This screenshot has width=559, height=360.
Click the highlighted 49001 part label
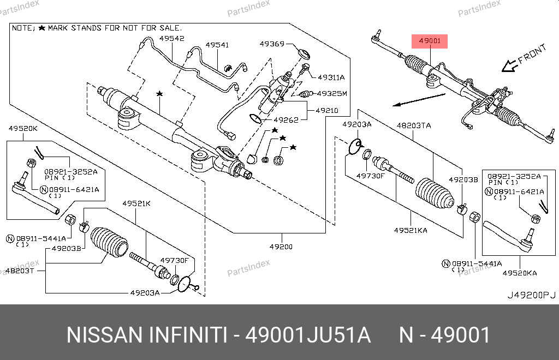coord(429,41)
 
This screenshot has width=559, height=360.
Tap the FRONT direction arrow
coord(509,65)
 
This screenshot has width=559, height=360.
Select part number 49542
coord(171,38)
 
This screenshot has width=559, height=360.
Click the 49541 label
coord(217,45)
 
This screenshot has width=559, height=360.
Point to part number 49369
coord(272,44)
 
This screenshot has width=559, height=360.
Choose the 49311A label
coord(331,77)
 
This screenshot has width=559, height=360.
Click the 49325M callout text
coord(332,93)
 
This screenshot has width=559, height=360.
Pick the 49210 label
coord(326,110)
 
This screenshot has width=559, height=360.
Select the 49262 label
coord(286,120)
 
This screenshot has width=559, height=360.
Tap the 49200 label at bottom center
coord(281,247)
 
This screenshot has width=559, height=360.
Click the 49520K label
coord(23,129)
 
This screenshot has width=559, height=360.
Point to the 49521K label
coord(136,203)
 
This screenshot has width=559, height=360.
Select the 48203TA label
coord(413,125)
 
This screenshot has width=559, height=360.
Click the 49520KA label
coord(520,272)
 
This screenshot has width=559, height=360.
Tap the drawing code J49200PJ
coord(531,295)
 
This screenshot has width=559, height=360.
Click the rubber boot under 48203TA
coord(433,195)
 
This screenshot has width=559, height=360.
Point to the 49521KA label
coord(411,230)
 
